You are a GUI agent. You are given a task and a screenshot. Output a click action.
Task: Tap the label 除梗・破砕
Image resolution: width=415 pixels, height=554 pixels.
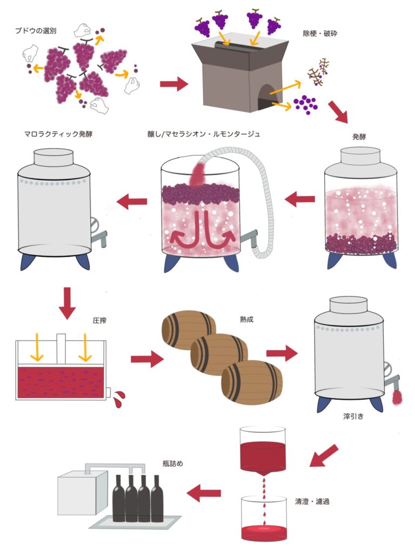[x=320, y=34]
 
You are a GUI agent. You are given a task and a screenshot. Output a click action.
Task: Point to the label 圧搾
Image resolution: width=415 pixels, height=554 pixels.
[x=99, y=321]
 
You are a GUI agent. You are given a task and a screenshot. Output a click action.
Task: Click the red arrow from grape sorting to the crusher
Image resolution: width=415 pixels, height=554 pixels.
[x=173, y=84]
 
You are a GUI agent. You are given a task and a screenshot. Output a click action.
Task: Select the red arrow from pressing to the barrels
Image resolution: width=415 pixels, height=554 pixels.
[x=146, y=358]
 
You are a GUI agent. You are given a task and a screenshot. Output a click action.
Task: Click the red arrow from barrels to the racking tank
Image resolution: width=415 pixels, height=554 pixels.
[x=282, y=353]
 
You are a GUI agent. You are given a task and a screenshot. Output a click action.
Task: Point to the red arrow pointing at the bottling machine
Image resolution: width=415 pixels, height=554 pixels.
[x=204, y=493]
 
